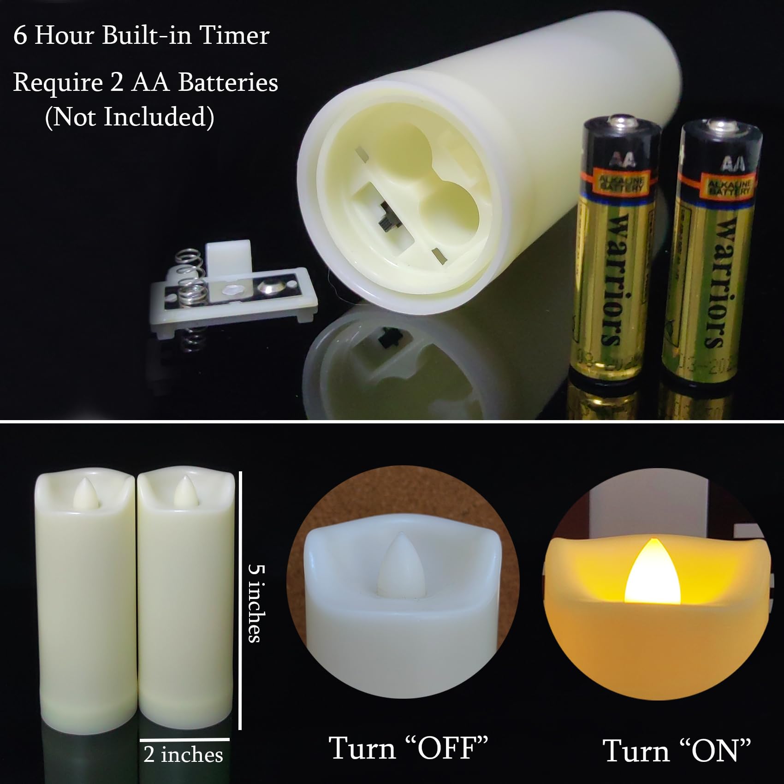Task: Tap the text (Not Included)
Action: (x=130, y=117)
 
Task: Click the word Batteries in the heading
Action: (x=228, y=83)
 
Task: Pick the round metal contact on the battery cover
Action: (x=268, y=286)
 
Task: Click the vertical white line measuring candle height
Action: (x=240, y=600)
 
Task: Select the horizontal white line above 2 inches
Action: (x=184, y=740)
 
